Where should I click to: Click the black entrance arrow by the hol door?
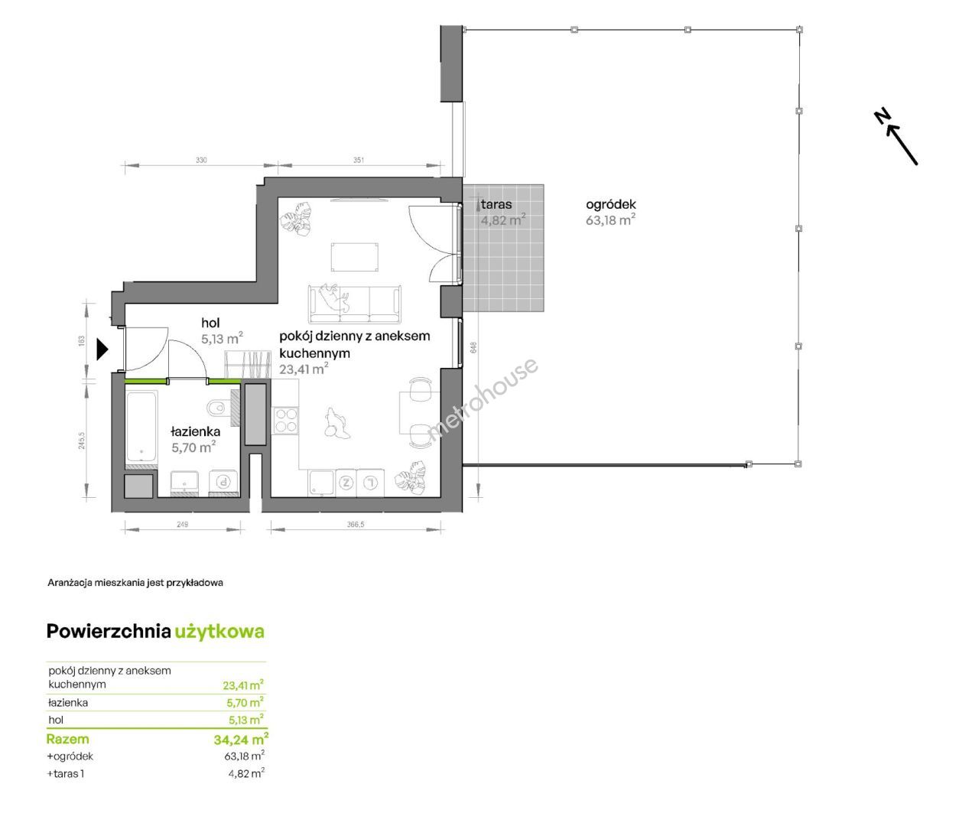(102, 349)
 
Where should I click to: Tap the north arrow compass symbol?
(896, 136)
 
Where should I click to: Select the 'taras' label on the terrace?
(496, 204)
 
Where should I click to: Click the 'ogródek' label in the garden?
(611, 204)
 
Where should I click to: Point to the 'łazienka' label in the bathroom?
(196, 431)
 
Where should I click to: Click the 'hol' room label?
(210, 323)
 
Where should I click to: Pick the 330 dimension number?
(201, 160)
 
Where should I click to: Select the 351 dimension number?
(359, 160)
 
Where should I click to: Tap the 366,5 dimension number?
(356, 524)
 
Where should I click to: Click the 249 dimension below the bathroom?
(183, 524)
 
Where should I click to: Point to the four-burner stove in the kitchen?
(286, 420)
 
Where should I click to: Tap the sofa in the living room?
(355, 304)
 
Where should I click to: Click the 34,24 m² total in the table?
(241, 740)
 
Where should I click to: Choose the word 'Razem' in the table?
(68, 739)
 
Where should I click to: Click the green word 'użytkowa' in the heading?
(219, 632)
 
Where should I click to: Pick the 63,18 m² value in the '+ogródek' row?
(245, 756)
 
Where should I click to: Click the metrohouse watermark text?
(483, 399)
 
